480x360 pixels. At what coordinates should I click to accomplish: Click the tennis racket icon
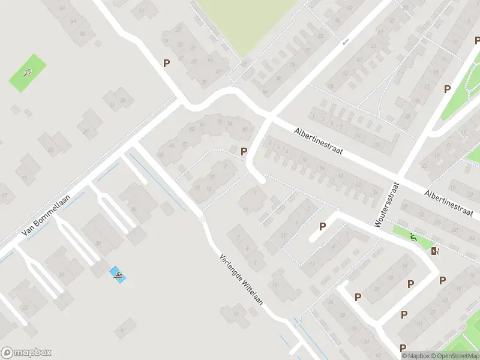28,73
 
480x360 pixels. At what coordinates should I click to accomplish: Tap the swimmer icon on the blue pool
118,275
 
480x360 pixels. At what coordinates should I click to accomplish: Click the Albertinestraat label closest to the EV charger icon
451,203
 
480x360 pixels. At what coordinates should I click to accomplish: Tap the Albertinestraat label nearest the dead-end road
317,142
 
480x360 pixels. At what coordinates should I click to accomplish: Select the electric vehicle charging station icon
434,251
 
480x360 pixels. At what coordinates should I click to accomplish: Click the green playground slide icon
413,238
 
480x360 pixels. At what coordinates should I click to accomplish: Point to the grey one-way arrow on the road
345,42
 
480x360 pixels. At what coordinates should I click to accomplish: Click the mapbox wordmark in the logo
33,353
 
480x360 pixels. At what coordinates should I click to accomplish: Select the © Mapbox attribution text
416,356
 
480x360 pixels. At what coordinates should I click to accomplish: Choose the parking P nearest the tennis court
166,62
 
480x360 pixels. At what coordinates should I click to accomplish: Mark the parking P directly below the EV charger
442,280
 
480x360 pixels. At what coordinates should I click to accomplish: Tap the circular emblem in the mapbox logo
7,353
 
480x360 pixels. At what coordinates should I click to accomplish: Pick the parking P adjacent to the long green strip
446,89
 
